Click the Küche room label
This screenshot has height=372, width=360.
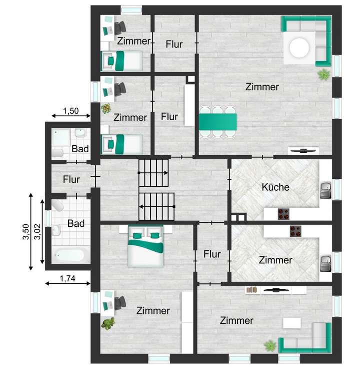coord(275,188)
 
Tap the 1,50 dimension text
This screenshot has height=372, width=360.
coord(70,111)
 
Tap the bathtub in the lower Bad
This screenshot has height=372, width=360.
coord(68,255)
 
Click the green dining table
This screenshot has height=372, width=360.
coord(218,121)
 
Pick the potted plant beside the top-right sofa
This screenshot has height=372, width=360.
coord(324,75)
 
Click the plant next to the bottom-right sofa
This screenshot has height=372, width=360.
coord(270,345)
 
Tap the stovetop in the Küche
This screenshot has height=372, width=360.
coord(284,214)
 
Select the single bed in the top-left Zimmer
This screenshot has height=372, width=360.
coord(121,61)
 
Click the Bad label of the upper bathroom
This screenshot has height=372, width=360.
coord(80,149)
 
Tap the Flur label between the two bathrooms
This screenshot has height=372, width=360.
coord(72,179)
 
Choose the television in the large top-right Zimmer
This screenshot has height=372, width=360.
coord(303,150)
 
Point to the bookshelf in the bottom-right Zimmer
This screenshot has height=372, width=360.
coord(252,290)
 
